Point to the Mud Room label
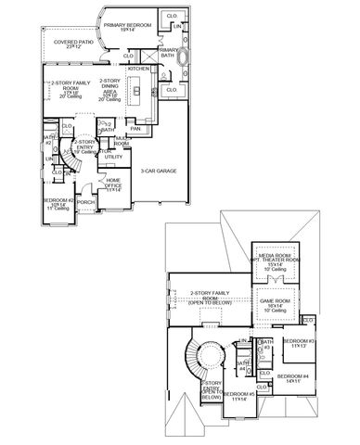click(122, 143)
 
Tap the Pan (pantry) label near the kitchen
click(135, 128)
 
